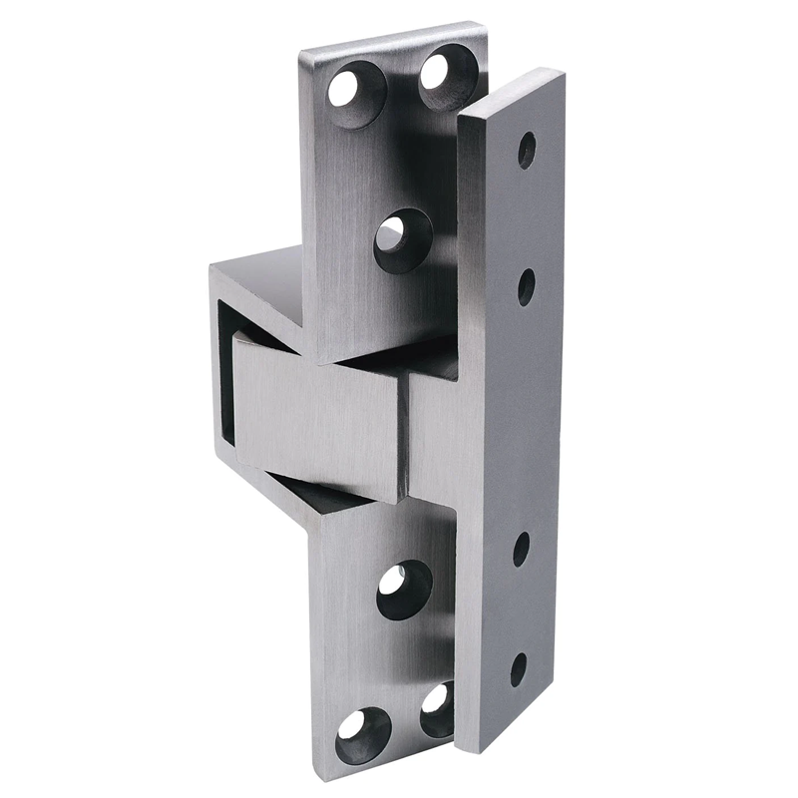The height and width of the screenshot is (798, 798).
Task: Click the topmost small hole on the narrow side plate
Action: coord(527,150)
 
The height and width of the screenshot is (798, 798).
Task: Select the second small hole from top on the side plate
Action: coord(527,287)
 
